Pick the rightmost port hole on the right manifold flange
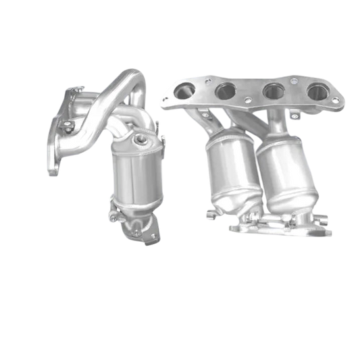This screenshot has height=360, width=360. point(314,91)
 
